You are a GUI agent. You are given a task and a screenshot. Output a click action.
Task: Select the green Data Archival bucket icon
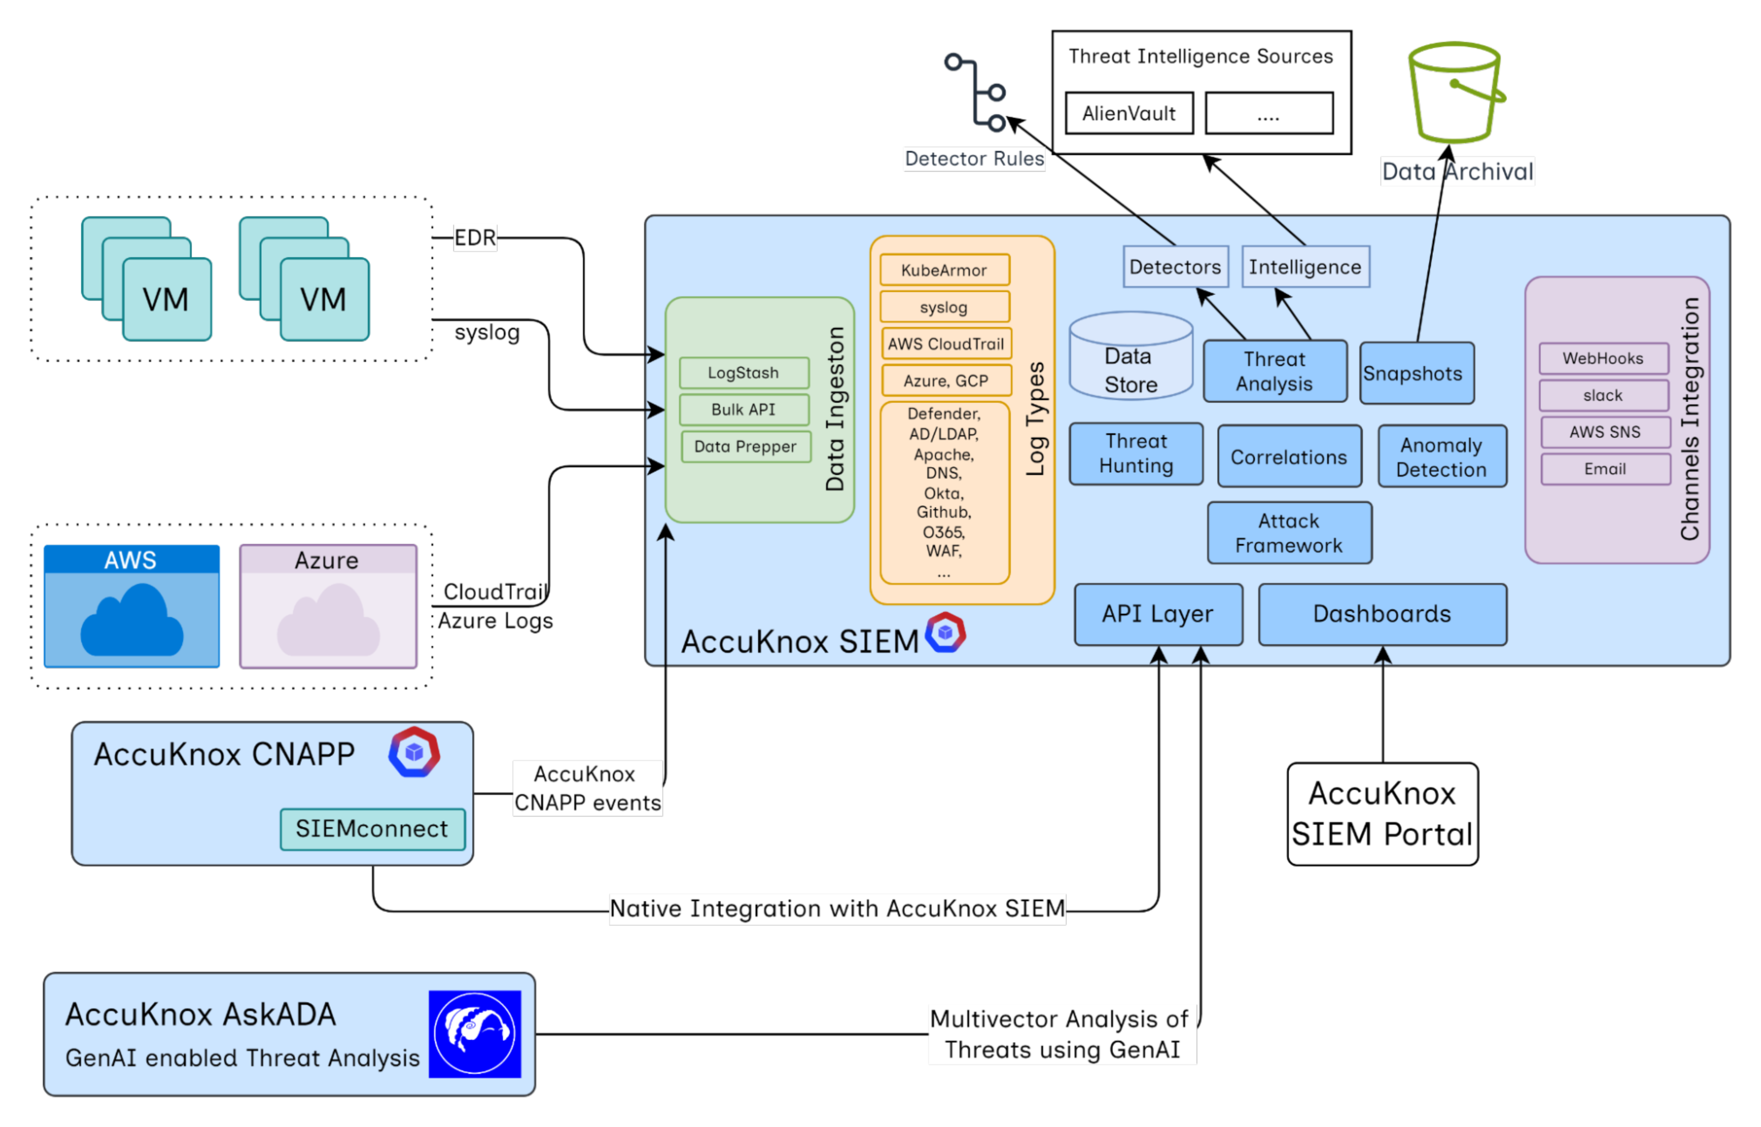(x=1455, y=91)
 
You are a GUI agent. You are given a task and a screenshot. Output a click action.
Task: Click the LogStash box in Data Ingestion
(x=743, y=373)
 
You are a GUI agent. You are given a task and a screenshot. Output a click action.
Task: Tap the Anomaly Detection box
(x=1441, y=457)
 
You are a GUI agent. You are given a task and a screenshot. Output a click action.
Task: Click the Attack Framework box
(x=1289, y=533)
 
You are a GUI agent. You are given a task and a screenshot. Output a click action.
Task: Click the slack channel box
(x=1603, y=395)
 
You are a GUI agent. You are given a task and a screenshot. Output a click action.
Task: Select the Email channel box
(x=1605, y=469)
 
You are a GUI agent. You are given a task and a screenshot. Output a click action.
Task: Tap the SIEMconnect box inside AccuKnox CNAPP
(x=372, y=829)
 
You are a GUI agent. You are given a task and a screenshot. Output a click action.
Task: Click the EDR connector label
(x=475, y=238)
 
